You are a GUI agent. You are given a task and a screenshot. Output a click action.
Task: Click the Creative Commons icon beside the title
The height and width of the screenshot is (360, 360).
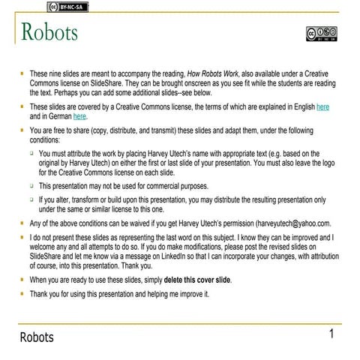pos(321,34)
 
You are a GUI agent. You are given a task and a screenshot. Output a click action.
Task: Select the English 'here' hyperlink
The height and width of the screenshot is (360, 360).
pos(323,107)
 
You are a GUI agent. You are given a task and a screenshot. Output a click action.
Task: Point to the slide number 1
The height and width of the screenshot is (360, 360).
pos(331,333)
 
